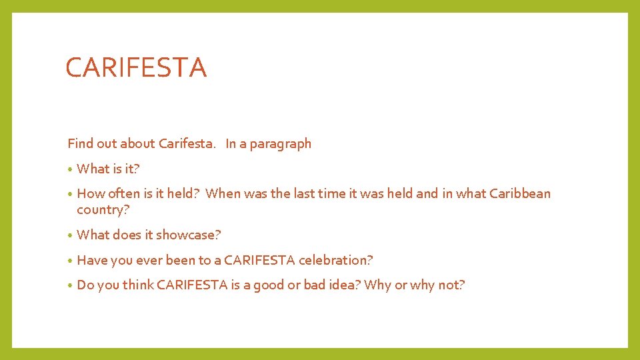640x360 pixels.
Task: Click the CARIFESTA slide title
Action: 136,68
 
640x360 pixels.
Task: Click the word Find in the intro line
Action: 79,143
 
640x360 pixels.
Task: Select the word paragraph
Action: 281,144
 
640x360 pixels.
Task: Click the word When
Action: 221,194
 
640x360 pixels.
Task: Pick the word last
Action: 300,194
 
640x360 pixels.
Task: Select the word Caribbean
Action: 520,194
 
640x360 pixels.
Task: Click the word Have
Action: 91,260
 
